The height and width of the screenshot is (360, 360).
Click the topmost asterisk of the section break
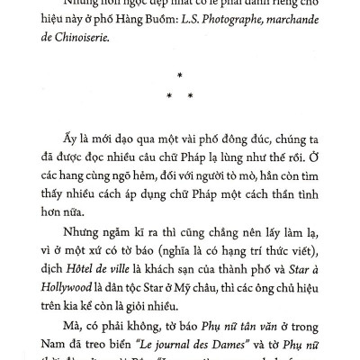click(180, 76)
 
